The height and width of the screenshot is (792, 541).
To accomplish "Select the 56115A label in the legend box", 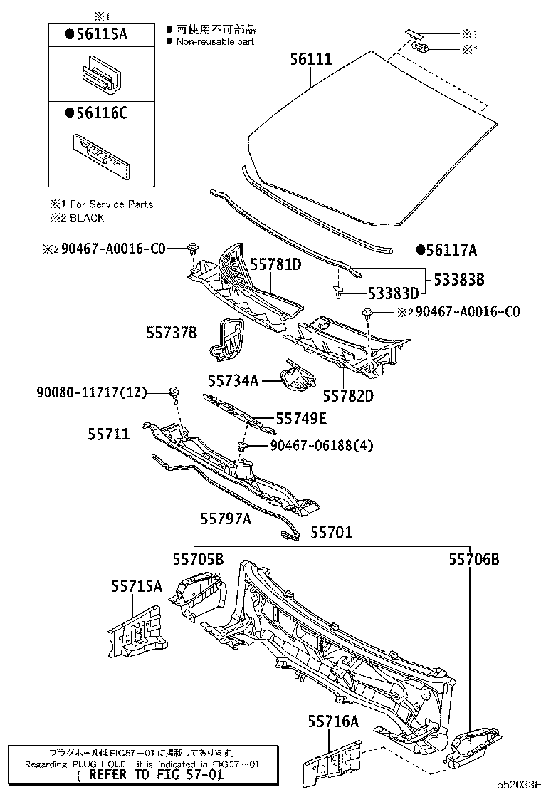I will (x=95, y=33).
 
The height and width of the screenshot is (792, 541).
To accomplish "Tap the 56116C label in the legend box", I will (x=95, y=112).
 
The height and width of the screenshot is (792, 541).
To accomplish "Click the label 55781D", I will (x=275, y=265).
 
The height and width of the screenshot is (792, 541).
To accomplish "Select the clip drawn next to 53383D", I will (x=339, y=291).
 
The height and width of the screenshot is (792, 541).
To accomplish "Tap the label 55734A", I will (x=233, y=380).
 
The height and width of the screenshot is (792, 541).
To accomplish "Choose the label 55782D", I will (x=348, y=395).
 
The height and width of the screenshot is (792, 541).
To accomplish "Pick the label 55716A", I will (x=333, y=721).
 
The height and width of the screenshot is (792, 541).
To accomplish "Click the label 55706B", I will (x=473, y=560).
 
